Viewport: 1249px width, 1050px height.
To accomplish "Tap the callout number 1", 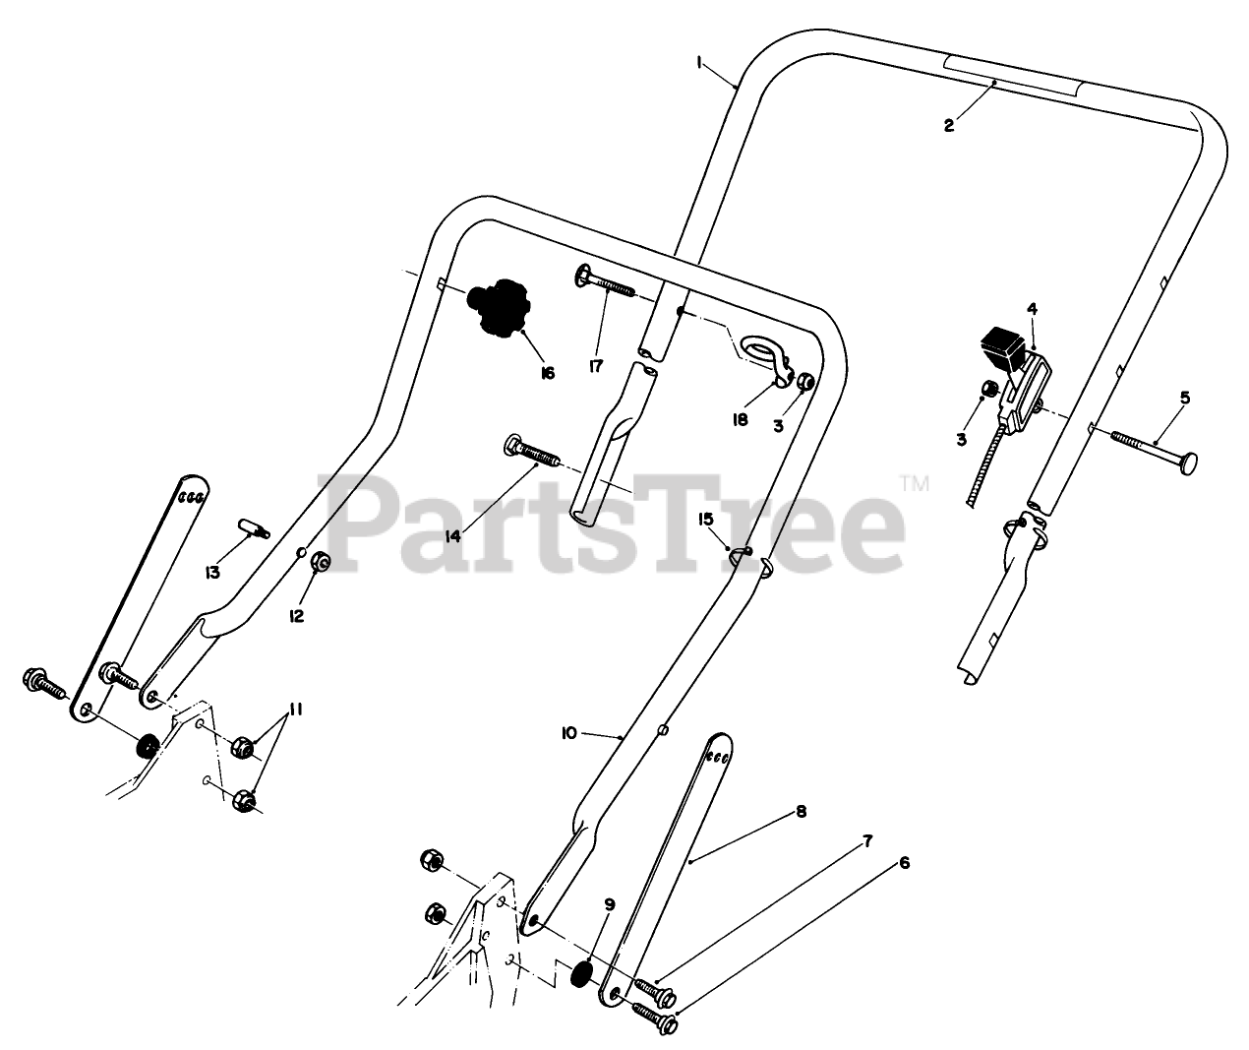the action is coord(698,62).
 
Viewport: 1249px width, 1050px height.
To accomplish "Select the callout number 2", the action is coord(948,125).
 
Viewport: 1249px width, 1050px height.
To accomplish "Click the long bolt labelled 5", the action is coord(1151,448).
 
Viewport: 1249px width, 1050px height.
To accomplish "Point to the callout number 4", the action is coord(1032,309).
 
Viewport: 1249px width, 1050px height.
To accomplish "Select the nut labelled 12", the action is coord(320,563).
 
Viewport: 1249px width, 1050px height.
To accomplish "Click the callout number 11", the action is coord(296,710).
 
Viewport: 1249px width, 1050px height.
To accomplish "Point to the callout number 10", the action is coord(568,733).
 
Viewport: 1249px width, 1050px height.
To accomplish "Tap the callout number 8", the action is coord(801,812).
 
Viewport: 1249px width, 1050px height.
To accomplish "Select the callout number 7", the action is coord(867,840).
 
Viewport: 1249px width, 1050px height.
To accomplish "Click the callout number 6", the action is coord(904,863).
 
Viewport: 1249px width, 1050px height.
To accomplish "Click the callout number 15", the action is coord(705,518).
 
